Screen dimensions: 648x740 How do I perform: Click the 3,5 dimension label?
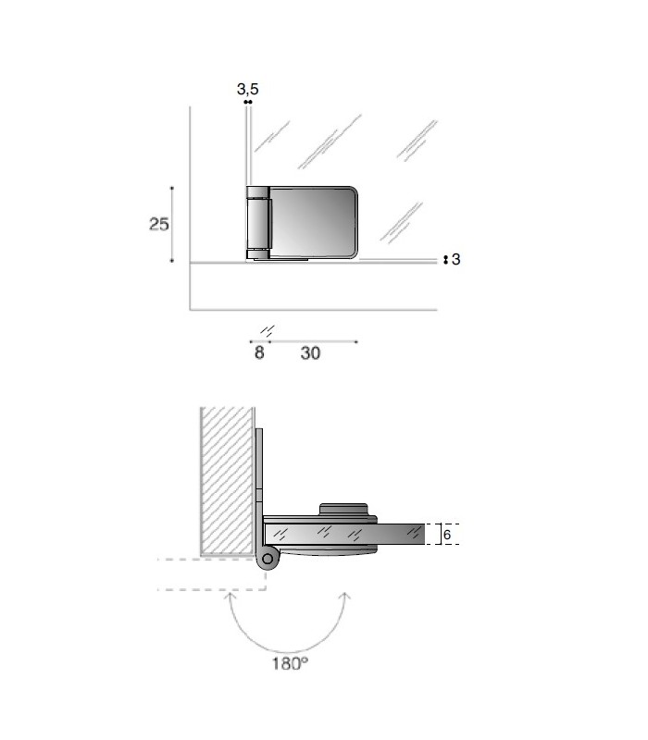247,89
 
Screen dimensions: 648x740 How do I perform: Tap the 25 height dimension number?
158,224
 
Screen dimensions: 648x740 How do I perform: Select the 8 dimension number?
259,352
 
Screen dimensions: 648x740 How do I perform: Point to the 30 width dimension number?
310,353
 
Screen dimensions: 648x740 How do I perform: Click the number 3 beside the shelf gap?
455,259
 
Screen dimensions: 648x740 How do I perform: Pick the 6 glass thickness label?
447,535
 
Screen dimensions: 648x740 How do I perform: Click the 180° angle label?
290,663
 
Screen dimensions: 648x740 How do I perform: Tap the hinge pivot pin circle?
268,559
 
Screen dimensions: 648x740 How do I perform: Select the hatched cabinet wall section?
227,480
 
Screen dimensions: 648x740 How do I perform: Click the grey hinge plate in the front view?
313,222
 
